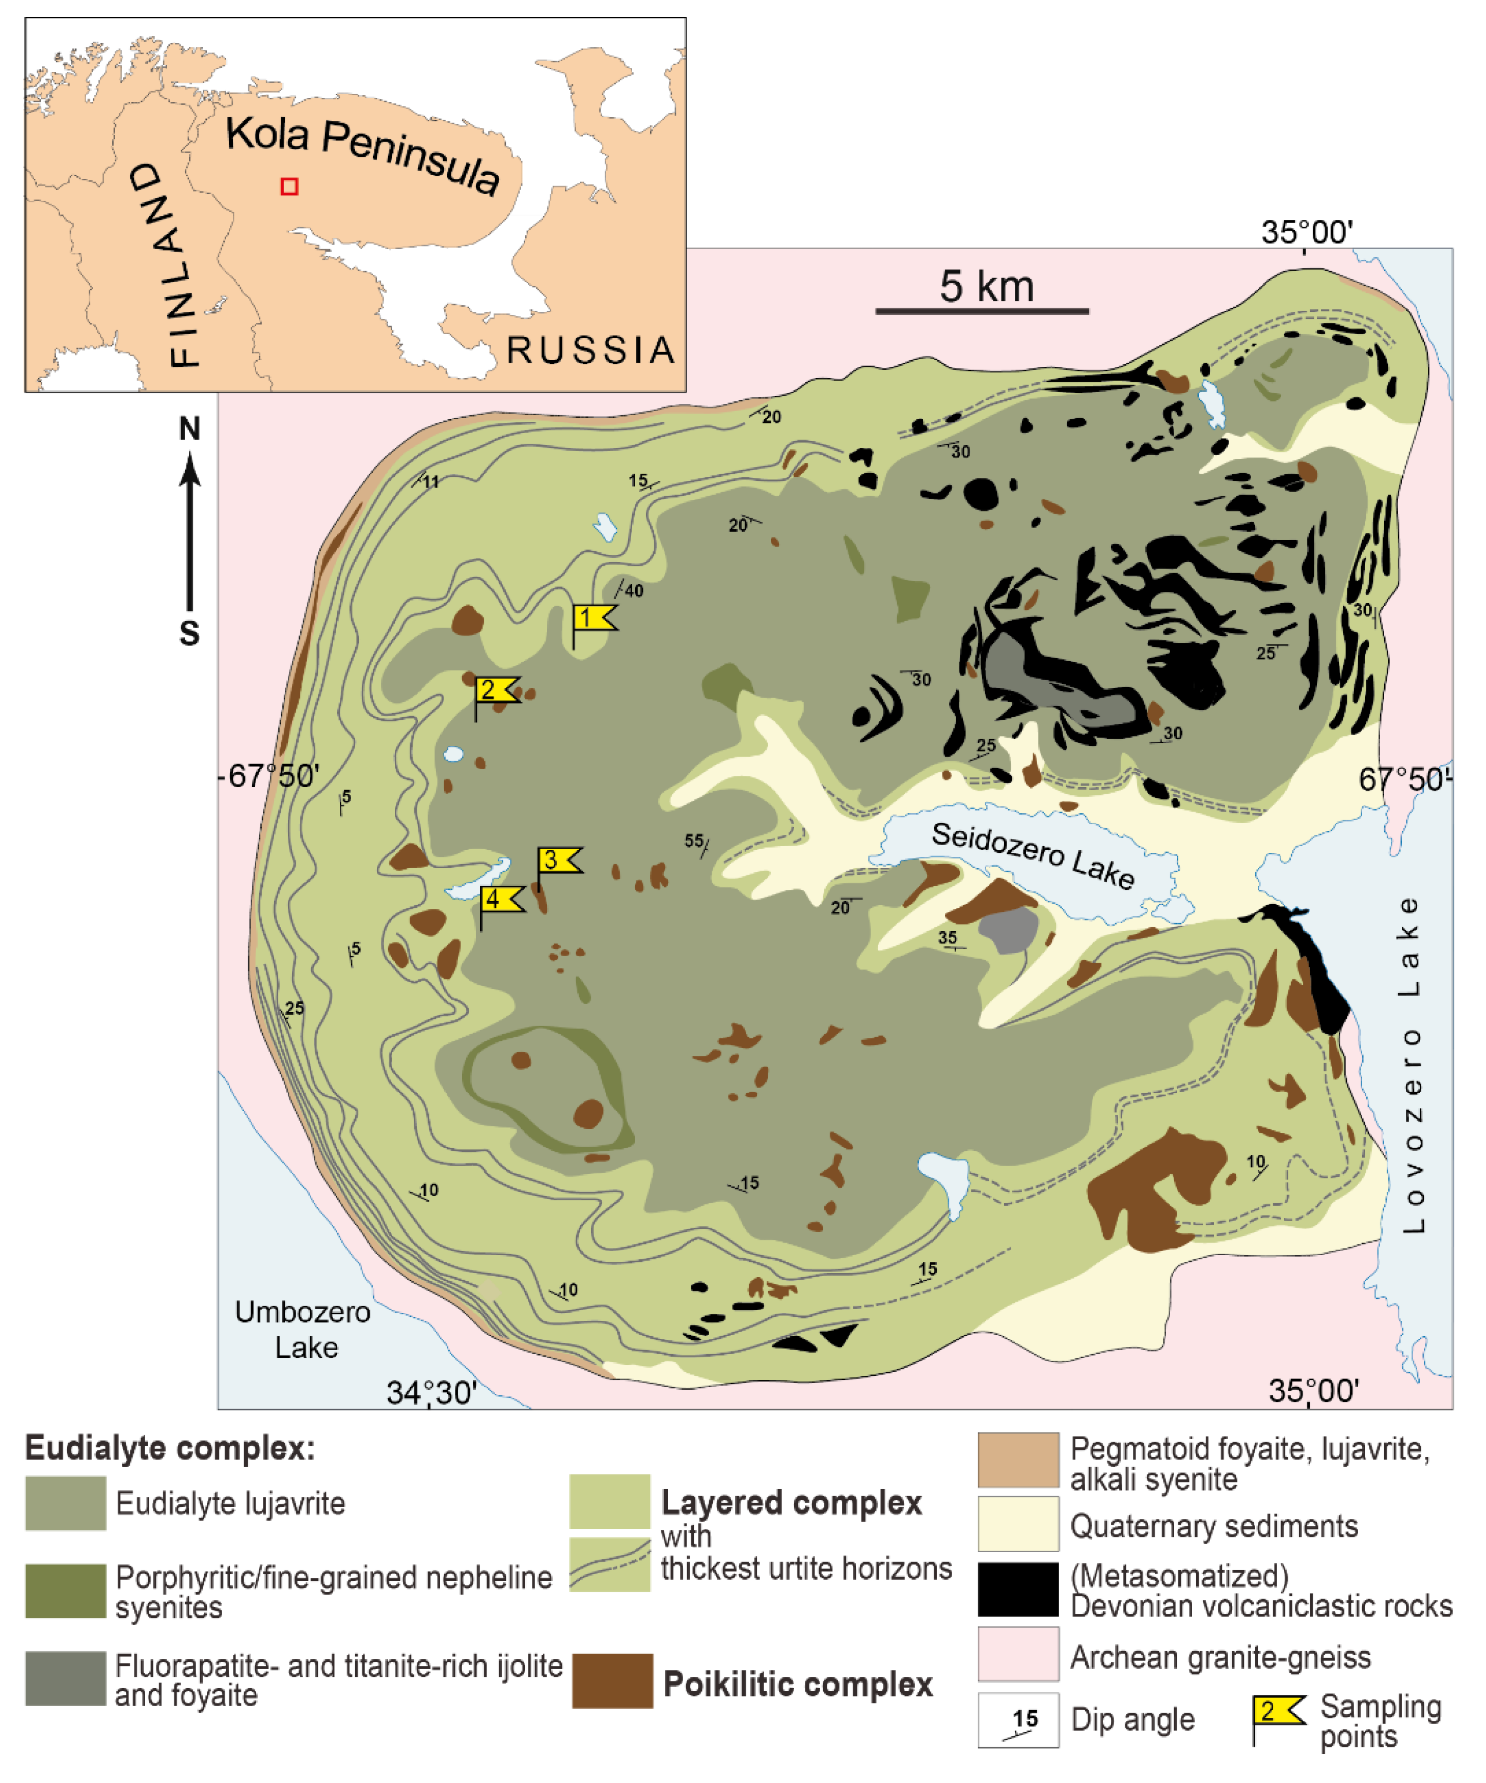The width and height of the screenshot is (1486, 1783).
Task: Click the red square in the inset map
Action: click(x=289, y=186)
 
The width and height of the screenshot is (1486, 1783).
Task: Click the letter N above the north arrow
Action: click(x=190, y=429)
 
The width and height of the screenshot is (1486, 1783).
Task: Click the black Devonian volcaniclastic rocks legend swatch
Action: click(x=1017, y=1588)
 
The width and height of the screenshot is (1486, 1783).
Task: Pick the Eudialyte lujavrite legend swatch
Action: click(x=65, y=1503)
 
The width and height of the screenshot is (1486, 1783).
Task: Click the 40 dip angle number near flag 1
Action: click(x=633, y=591)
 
